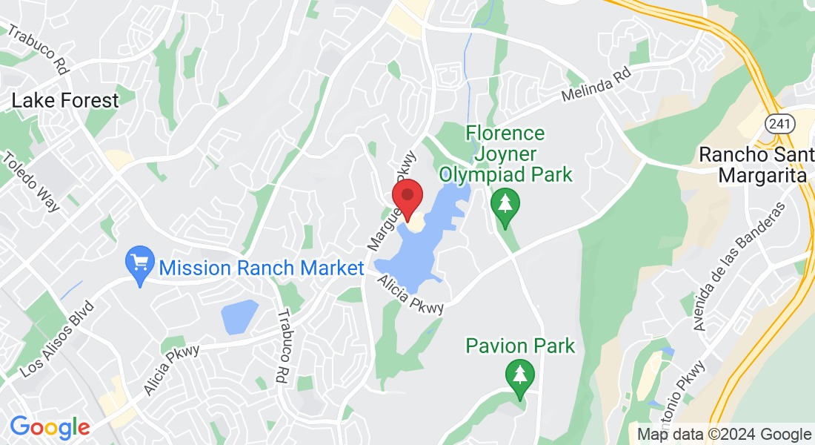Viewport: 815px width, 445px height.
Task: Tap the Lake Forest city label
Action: click(64, 101)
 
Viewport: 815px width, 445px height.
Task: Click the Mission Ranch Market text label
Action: click(262, 268)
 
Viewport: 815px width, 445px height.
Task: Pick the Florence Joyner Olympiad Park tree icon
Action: click(505, 208)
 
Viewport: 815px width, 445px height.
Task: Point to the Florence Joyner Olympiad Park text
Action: click(505, 154)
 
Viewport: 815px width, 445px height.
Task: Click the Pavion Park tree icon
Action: click(520, 375)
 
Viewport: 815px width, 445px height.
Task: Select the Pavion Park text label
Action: click(520, 346)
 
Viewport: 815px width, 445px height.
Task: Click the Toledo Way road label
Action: click(31, 182)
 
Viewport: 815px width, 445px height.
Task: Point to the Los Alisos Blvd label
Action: click(58, 338)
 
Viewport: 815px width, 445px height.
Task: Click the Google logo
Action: click(50, 427)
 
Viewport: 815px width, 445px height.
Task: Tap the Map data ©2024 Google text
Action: click(724, 435)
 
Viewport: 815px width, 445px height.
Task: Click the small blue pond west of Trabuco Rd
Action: click(239, 317)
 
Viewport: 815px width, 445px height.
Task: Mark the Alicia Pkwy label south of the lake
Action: click(410, 294)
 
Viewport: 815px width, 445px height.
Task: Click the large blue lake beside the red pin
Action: click(415, 252)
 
